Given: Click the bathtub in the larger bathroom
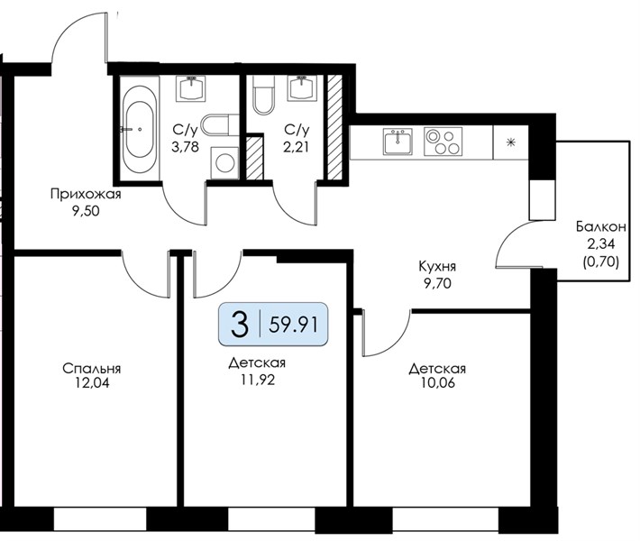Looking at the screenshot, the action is (139, 129).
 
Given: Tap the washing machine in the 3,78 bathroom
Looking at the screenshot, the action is (224, 163).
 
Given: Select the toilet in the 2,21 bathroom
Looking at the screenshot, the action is (264, 95).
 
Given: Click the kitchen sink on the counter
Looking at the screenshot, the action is (398, 141).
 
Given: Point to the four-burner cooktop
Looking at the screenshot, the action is (443, 142).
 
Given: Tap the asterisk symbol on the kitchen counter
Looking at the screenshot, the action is (510, 142).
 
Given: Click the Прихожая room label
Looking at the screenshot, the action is (86, 194).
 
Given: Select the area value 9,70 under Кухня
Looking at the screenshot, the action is (437, 283).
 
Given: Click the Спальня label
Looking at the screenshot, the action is (91, 369).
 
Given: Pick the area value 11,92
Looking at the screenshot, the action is (258, 380).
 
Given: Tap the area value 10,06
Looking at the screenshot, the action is (437, 383).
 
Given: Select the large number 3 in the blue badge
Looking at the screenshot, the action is (239, 325).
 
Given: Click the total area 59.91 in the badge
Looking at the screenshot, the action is (293, 325).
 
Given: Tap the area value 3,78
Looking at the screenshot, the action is (186, 147).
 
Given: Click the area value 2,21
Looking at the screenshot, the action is (297, 147).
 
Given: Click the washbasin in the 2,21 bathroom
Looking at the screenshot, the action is (302, 87).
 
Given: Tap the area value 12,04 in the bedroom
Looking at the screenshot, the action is (92, 383).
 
